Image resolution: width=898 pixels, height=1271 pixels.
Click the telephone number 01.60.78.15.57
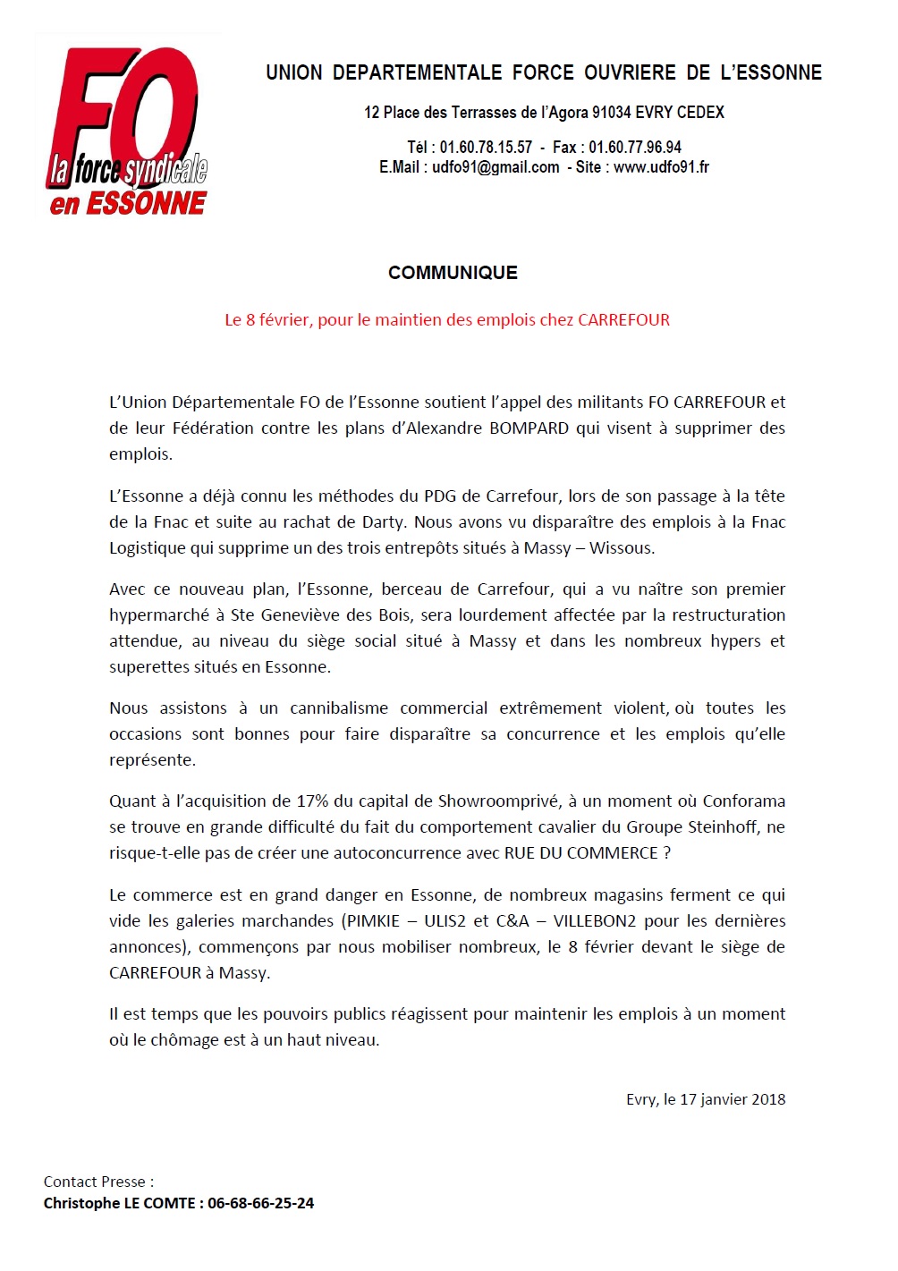[x=486, y=148]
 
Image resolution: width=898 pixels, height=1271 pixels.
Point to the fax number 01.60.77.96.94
[x=634, y=148]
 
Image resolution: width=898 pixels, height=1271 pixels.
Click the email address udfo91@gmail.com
[x=496, y=167]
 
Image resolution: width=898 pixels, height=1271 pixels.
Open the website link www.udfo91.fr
[x=661, y=167]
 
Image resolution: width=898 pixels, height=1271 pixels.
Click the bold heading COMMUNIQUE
[x=453, y=273]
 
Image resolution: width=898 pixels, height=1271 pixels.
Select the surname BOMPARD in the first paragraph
[x=529, y=428]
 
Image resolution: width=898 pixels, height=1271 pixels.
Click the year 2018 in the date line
[x=767, y=1100]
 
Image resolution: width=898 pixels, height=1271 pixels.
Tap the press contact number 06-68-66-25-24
[x=260, y=1204]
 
